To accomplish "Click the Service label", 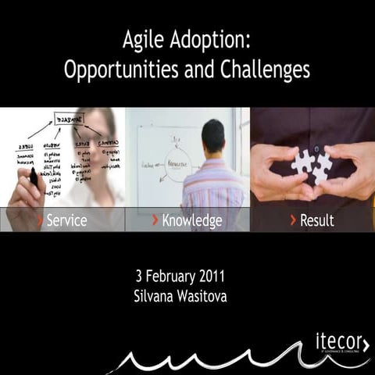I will click(x=66, y=220).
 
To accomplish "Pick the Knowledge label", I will click(x=192, y=220).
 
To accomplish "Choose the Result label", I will click(x=316, y=220).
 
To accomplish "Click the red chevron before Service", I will click(x=40, y=220).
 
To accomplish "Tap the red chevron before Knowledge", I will click(x=155, y=220).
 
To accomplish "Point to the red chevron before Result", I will click(x=293, y=220).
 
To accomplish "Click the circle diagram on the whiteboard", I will click(x=177, y=164).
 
